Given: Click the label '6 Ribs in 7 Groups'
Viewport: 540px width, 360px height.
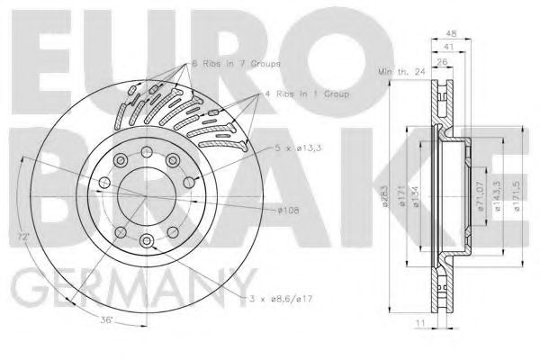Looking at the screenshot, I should (237, 65).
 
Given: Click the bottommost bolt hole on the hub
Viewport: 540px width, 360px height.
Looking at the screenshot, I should (146, 238).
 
